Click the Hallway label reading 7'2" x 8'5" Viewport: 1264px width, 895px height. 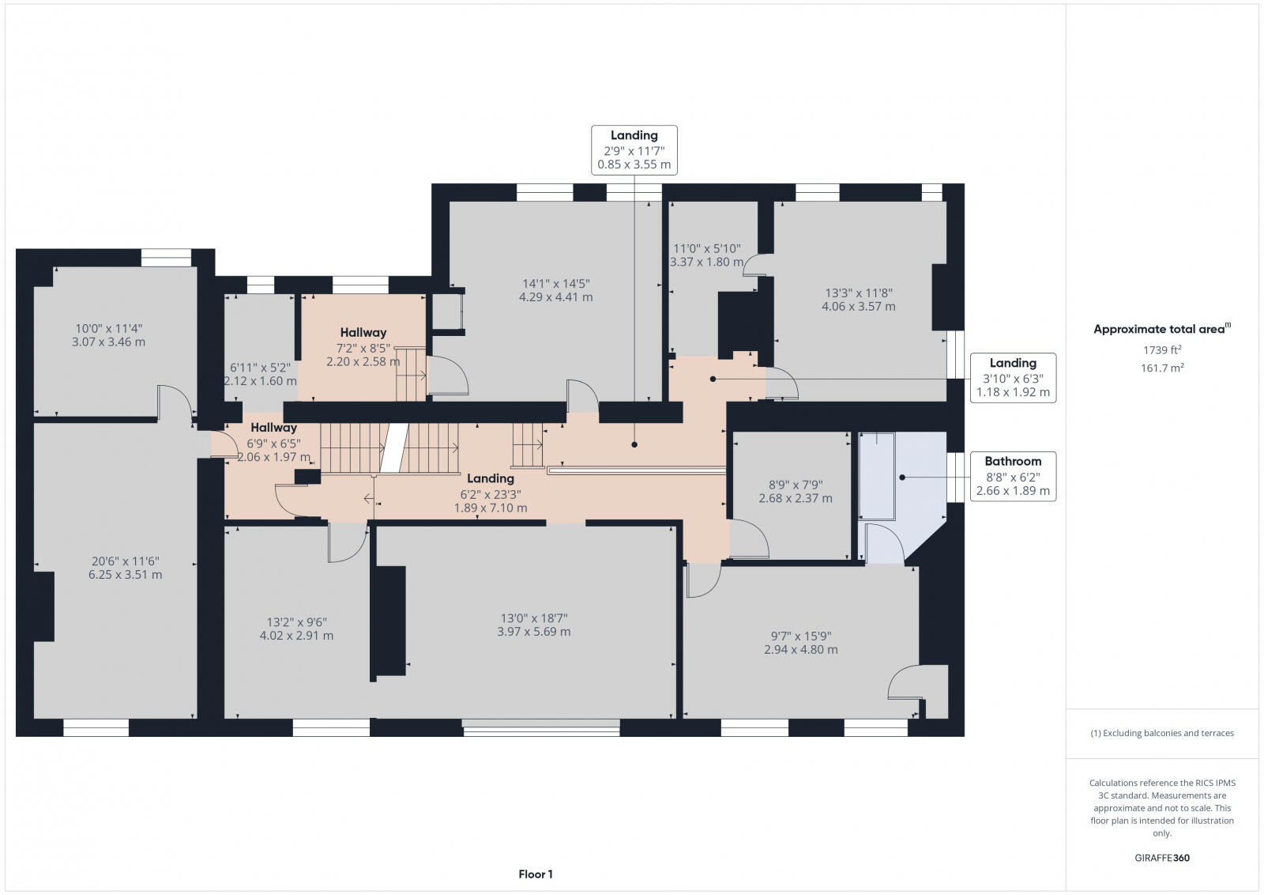point(363,346)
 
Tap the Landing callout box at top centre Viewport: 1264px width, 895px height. point(634,149)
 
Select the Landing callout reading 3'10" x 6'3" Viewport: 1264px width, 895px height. point(1013,378)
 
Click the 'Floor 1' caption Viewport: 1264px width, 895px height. point(535,874)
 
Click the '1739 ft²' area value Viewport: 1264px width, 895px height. point(1161,349)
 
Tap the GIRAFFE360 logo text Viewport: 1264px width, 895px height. point(1161,857)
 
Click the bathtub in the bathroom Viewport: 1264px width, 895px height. point(876,475)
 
